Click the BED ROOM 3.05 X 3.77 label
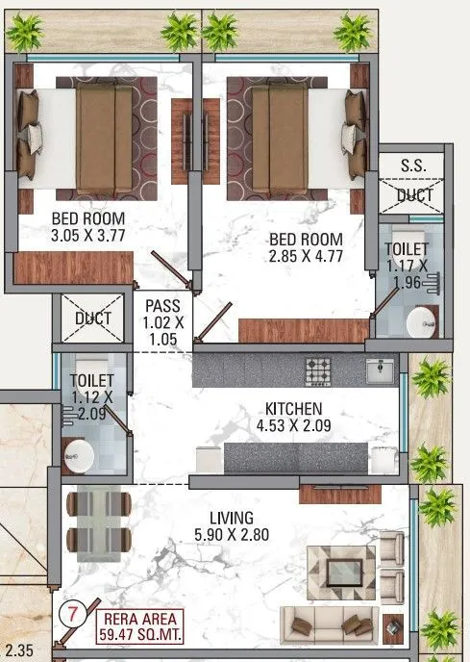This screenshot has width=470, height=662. pyautogui.click(x=88, y=225)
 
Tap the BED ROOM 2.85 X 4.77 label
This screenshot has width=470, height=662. pyautogui.click(x=306, y=246)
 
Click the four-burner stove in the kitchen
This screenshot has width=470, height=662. pyautogui.click(x=318, y=369)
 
